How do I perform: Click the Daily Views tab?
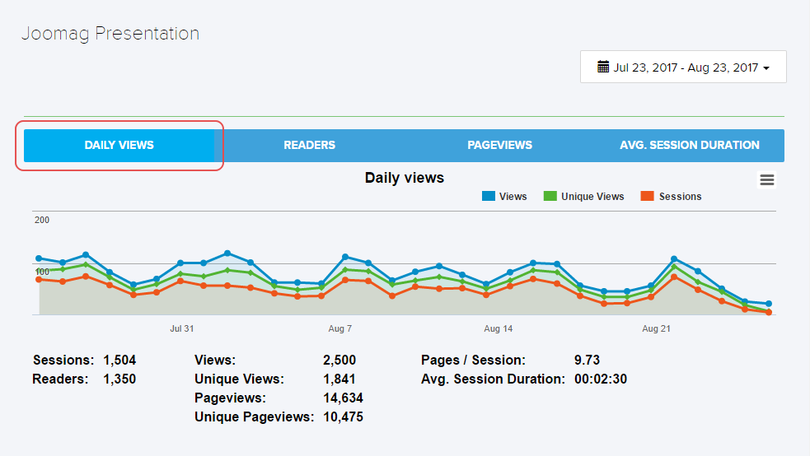tap(119, 146)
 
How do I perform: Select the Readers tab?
tap(309, 146)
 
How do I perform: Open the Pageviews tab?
tap(499, 146)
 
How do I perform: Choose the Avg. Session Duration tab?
tap(689, 146)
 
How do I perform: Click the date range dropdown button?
tap(683, 67)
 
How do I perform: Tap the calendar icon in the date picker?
tap(603, 67)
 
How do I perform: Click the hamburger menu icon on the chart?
tap(767, 180)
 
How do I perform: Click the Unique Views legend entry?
tap(592, 197)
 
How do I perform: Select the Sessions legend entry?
tap(680, 197)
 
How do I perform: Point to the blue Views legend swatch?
tap(489, 197)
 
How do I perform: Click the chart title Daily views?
tap(404, 178)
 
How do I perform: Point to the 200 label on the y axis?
tap(42, 221)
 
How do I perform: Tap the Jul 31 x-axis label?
tap(182, 328)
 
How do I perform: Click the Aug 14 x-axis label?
tap(498, 328)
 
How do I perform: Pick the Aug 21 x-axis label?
tap(656, 328)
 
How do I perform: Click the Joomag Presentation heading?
tap(110, 34)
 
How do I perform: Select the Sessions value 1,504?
tap(119, 361)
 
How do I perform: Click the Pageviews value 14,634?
tap(343, 398)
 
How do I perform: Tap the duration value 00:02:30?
tap(601, 379)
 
